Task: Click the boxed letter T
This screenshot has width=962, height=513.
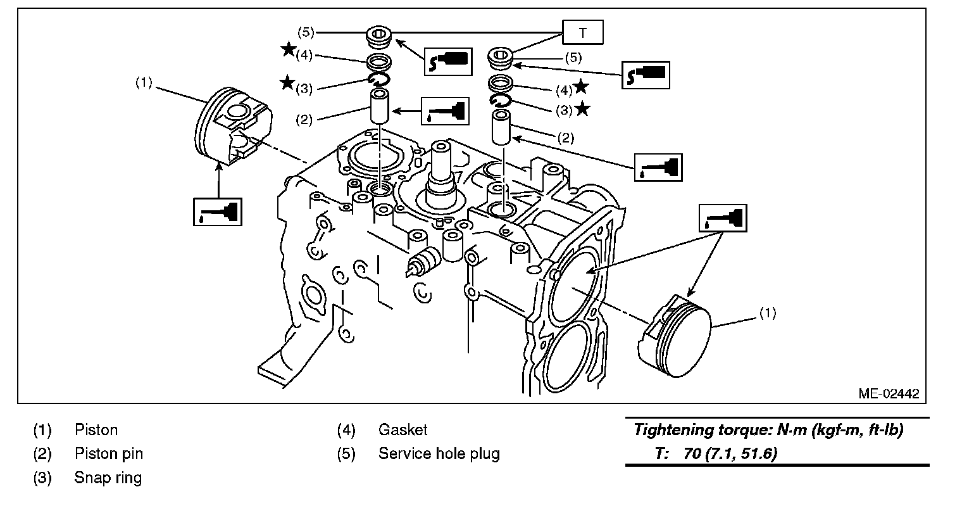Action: point(582,33)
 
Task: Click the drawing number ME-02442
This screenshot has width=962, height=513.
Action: point(888,393)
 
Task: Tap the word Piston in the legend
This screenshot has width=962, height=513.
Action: point(96,430)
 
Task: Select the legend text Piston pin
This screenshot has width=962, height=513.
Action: point(108,454)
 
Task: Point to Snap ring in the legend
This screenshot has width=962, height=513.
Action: point(108,478)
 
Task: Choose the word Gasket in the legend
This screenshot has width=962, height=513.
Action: point(403,430)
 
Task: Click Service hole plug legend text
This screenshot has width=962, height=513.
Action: point(439,454)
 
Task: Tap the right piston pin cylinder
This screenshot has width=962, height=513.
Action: point(503,127)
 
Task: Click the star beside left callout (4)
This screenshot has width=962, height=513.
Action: point(288,49)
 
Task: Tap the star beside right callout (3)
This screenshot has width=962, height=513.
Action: point(582,109)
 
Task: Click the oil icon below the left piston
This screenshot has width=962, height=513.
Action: point(217,211)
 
